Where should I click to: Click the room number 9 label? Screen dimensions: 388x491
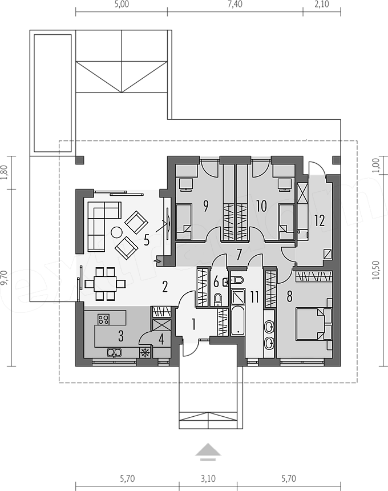(x=205, y=206)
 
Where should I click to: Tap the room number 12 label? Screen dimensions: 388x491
(x=320, y=220)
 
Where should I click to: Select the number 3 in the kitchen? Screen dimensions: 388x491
(x=121, y=336)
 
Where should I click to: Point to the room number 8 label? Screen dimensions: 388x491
(x=289, y=296)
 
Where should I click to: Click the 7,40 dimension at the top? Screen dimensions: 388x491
(x=235, y=5)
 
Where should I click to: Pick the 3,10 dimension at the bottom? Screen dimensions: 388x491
(x=208, y=479)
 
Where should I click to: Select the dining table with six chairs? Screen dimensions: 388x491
(x=106, y=283)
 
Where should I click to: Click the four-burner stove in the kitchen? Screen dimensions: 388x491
(x=104, y=319)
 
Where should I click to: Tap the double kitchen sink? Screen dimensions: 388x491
(x=115, y=353)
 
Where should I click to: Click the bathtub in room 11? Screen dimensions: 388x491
(x=238, y=321)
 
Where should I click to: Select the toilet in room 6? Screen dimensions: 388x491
(x=217, y=299)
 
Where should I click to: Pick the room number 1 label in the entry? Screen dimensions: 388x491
(x=193, y=325)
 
